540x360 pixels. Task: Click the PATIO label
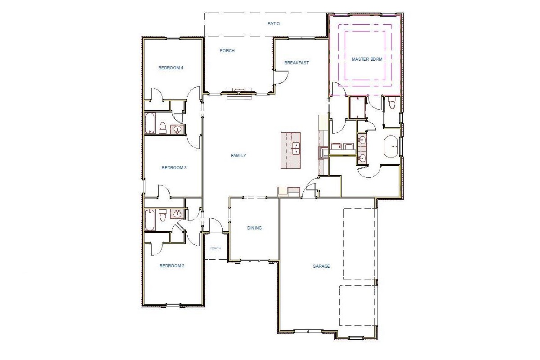(274, 23)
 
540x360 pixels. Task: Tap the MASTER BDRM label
(367, 59)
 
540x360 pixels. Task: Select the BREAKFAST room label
(297, 63)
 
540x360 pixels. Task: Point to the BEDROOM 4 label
(171, 68)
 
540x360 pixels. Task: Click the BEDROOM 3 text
(174, 168)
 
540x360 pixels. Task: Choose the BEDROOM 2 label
(172, 266)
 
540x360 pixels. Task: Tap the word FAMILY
(238, 156)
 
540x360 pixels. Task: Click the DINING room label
(254, 228)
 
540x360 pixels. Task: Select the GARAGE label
(321, 266)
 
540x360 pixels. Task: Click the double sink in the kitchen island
(296, 148)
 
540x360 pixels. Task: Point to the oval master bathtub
(391, 146)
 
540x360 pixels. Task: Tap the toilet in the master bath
(391, 103)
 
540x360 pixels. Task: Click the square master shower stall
(357, 108)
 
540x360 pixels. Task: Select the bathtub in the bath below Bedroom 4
(150, 123)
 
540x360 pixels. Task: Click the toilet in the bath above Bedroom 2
(162, 216)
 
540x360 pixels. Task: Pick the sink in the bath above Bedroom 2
(177, 214)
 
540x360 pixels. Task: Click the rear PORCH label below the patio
(227, 51)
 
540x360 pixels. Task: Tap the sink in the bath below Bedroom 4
(178, 130)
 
